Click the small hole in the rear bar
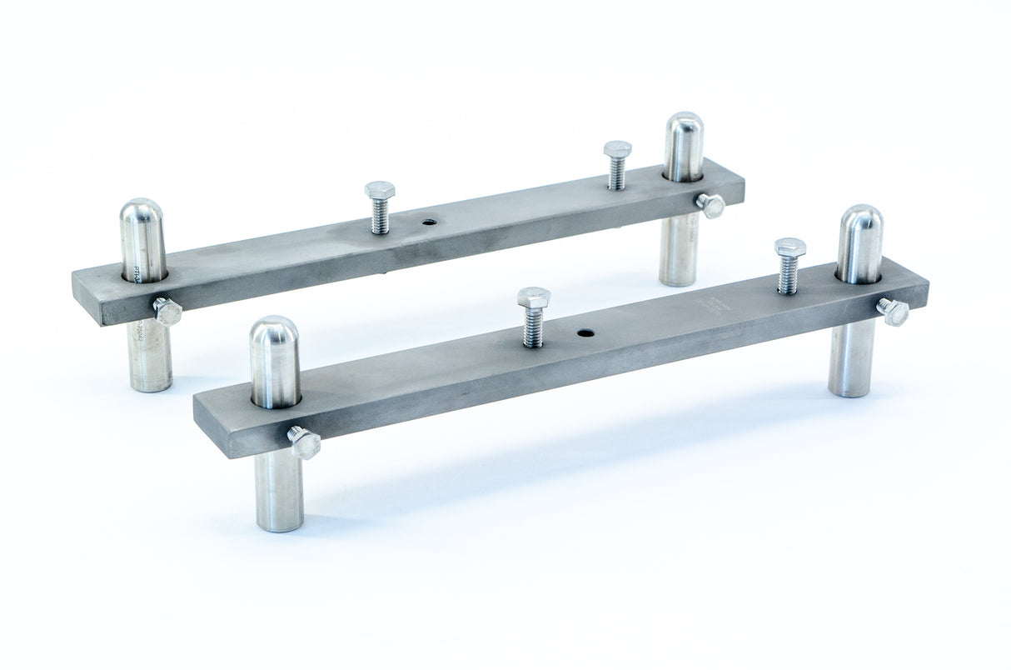(429, 222)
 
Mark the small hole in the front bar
(586, 332)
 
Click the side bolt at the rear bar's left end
(167, 311)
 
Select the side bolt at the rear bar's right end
(710, 205)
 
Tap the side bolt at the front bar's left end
(304, 442)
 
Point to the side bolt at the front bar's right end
(894, 311)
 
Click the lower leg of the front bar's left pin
(279, 492)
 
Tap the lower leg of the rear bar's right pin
(680, 250)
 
